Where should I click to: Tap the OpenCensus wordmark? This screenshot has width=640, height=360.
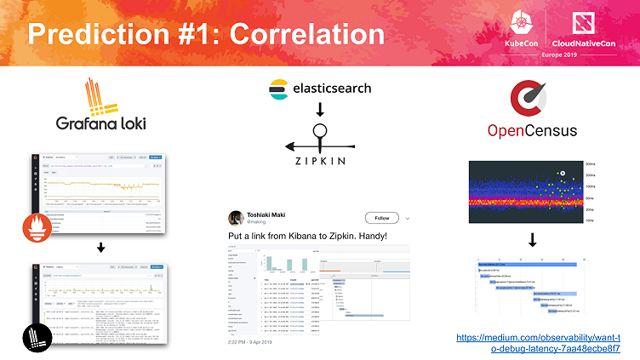click(x=532, y=130)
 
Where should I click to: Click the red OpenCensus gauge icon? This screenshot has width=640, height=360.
click(x=532, y=98)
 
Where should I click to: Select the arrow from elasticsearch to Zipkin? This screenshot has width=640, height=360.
click(x=320, y=109)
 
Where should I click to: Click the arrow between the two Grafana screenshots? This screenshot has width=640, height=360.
click(x=101, y=249)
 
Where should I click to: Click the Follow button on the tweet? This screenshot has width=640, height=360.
click(x=380, y=218)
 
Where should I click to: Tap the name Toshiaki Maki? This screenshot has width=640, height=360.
click(x=282, y=214)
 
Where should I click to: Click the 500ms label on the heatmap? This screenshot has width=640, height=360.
click(x=590, y=163)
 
